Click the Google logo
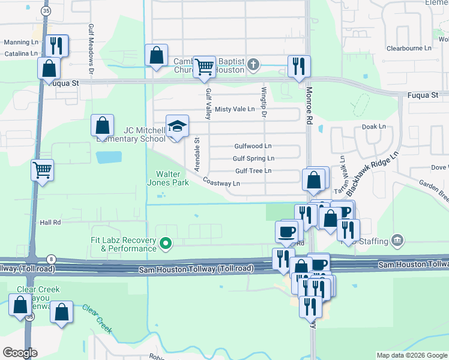[x=20, y=353]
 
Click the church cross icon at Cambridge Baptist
[x=254, y=64]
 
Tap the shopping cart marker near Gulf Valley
[x=205, y=68]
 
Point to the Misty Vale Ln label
[x=235, y=109]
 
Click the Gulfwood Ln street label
[x=253, y=146]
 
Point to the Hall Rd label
[x=50, y=222]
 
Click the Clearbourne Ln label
[x=409, y=48]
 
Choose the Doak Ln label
[x=373, y=127]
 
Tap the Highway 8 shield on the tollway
[x=53, y=259]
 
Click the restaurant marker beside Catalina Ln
[x=57, y=46]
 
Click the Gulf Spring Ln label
[x=253, y=158]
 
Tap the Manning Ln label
[x=21, y=42]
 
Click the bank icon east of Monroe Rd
[x=396, y=241]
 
